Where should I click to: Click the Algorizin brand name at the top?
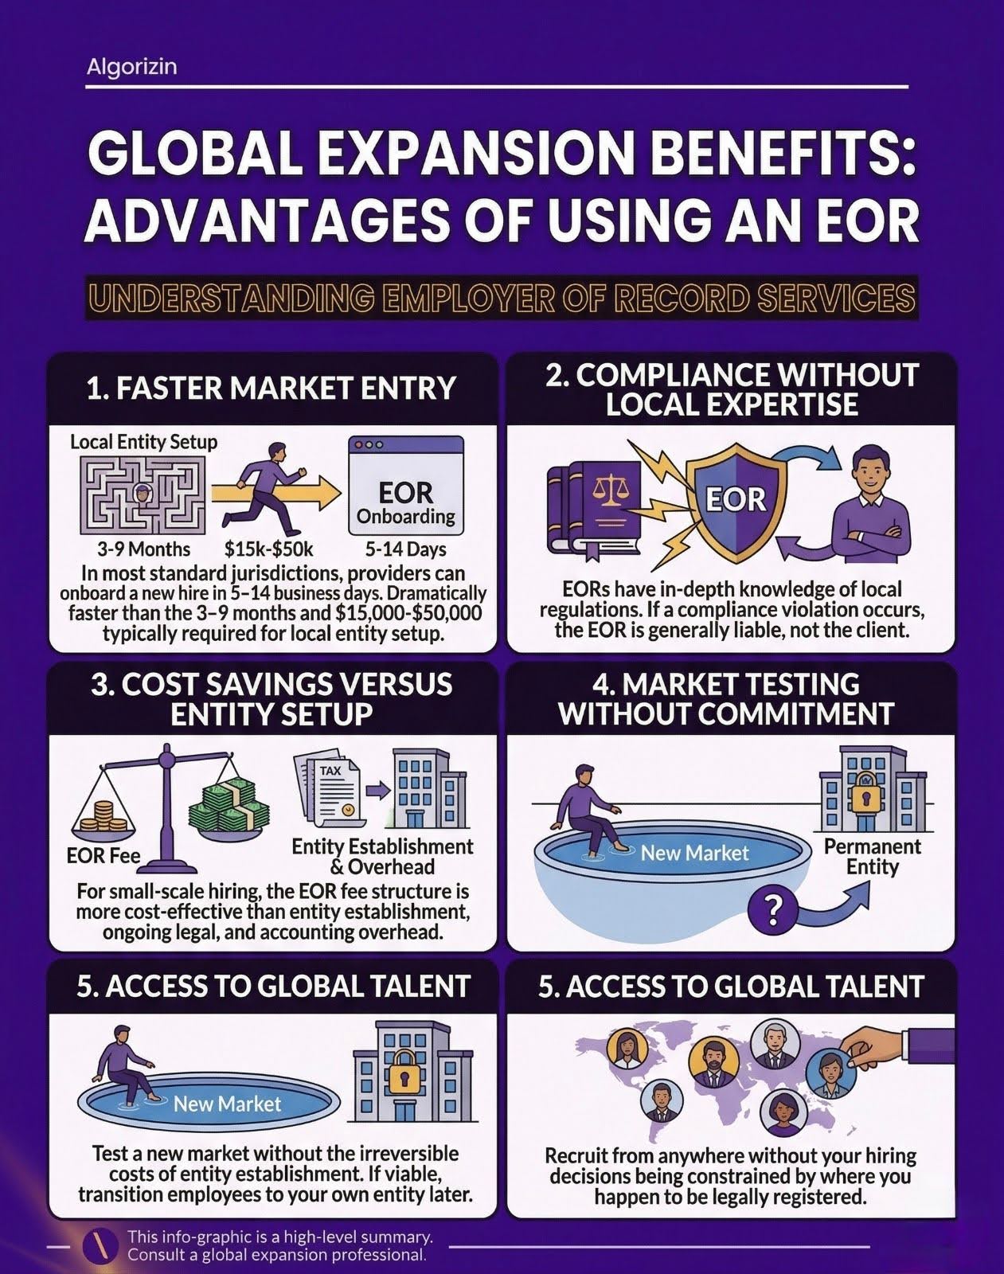coord(131,66)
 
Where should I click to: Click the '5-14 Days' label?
coord(405,549)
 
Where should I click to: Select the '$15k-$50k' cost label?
coord(268,549)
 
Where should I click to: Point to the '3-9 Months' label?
coord(144,549)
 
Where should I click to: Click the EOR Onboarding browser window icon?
coord(405,485)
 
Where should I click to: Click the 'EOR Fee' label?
coord(103,855)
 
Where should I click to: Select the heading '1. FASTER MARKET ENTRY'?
coord(272,389)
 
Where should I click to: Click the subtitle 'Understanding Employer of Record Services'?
coord(502,298)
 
